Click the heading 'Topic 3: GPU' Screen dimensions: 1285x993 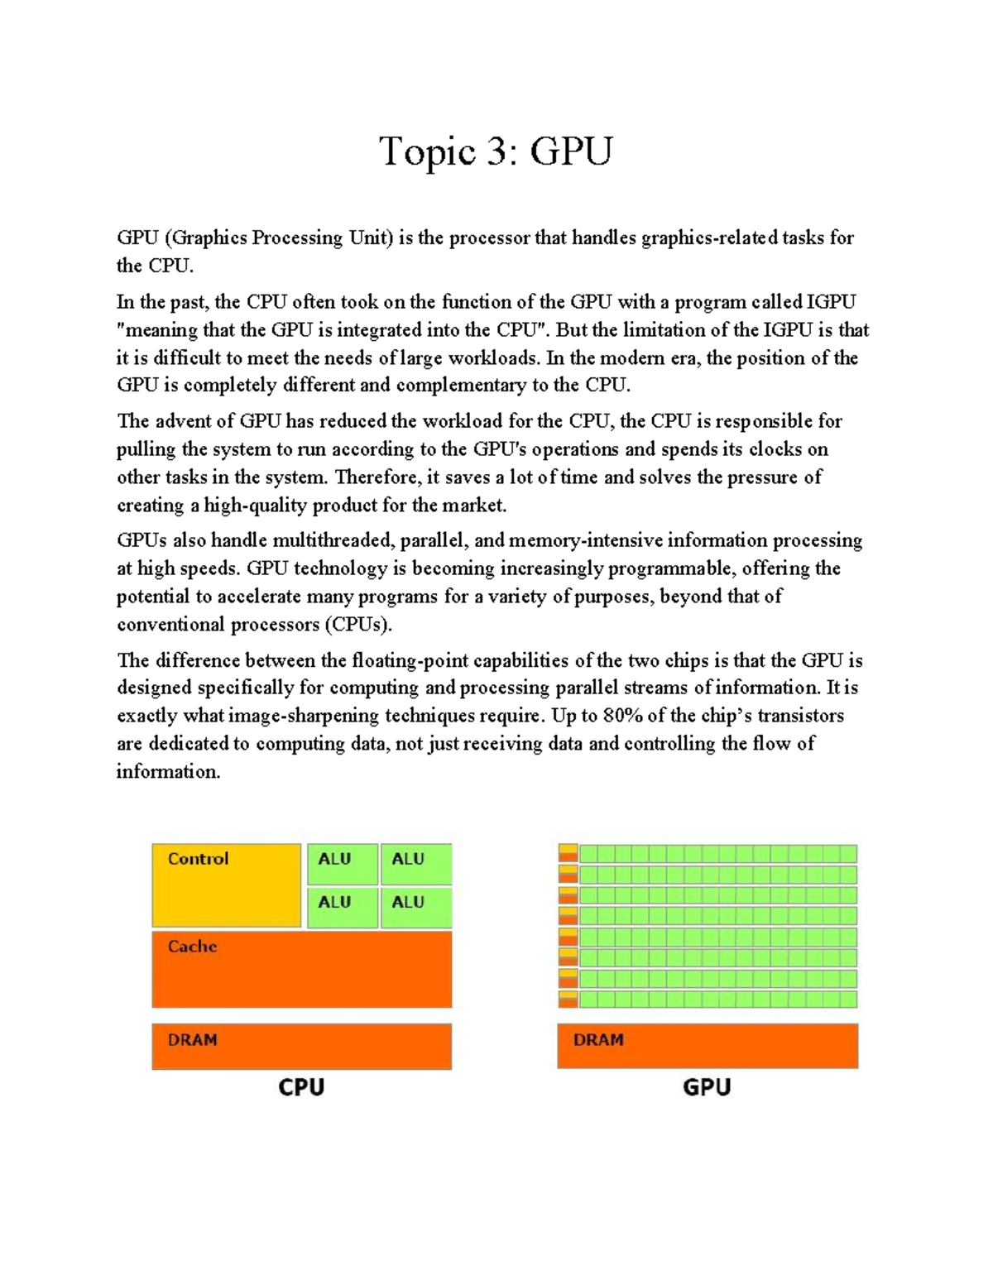click(x=496, y=152)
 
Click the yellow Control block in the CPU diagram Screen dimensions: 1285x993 click(x=226, y=885)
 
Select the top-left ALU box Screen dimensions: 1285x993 click(x=342, y=863)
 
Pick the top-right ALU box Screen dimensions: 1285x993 click(x=415, y=863)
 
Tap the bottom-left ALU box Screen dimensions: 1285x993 click(x=342, y=907)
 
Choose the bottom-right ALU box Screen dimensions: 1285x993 click(x=415, y=907)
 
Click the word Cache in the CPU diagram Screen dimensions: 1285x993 click(x=192, y=947)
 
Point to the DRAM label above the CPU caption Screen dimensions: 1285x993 click(x=192, y=1040)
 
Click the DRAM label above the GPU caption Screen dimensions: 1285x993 click(x=597, y=1040)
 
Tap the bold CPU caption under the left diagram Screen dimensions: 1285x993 click(x=301, y=1087)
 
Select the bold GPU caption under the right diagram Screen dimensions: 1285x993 click(x=707, y=1087)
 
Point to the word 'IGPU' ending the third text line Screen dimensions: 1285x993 click(x=831, y=302)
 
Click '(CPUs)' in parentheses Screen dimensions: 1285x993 click(x=357, y=625)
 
